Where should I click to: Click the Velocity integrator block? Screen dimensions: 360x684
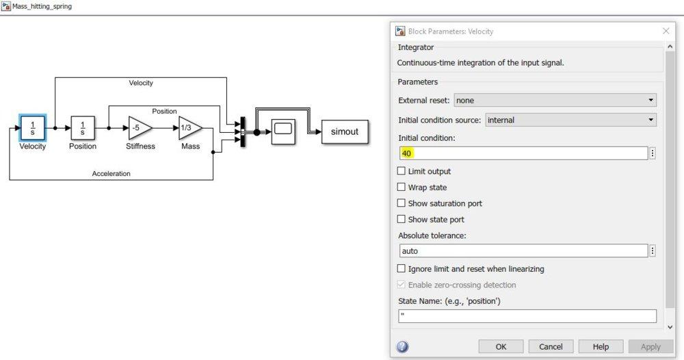33,127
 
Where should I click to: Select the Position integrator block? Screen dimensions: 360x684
83,127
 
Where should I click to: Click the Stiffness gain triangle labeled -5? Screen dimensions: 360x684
139,127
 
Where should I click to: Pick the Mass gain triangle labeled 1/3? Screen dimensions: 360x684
189,127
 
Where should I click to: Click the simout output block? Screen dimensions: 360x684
345,131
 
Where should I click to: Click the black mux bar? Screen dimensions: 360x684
242,131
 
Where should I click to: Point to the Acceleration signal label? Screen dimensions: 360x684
111,174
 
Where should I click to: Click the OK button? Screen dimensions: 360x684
501,346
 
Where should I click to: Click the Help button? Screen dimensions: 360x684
601,346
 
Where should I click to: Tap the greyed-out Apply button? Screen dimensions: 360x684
650,346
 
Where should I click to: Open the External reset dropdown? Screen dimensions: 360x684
555,101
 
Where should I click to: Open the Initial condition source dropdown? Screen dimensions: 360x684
570,120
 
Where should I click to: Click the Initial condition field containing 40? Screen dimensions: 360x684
523,153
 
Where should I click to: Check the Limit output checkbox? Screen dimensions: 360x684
402,171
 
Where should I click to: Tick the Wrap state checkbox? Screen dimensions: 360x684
402,188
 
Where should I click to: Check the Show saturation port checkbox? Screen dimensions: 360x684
402,203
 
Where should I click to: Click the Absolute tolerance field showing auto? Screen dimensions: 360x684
523,251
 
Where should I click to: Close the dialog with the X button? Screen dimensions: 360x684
667,31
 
